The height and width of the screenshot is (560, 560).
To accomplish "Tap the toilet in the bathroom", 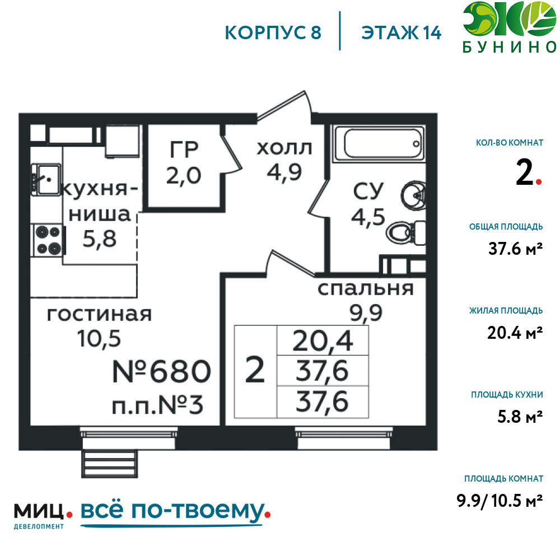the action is point(405,233).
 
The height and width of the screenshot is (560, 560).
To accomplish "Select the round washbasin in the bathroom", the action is point(413,195).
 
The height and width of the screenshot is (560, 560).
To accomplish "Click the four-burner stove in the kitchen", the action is point(48,240).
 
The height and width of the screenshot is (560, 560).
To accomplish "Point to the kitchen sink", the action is point(45,179).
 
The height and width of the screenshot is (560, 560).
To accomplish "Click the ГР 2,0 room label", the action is point(184,162).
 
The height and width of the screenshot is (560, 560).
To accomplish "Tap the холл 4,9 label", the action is point(284,160).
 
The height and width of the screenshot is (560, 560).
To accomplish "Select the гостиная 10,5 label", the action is point(99,326).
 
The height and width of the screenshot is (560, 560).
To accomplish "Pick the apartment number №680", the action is point(162,371).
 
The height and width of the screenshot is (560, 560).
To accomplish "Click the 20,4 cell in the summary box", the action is point(323,340).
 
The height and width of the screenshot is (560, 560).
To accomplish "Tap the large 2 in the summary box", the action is point(255,370).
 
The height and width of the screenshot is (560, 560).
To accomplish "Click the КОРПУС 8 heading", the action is point(273,33).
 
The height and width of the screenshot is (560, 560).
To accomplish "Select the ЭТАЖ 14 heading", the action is point(402,33).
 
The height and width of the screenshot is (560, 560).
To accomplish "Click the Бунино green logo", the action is point(510,27).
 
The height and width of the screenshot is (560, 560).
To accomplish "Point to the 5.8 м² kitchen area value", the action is point(520,417).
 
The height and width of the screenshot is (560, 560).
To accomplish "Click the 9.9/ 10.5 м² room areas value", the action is point(500,501).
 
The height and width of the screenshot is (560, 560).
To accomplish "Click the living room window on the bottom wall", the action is point(129,438).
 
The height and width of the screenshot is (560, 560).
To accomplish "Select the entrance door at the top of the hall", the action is point(284,106).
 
